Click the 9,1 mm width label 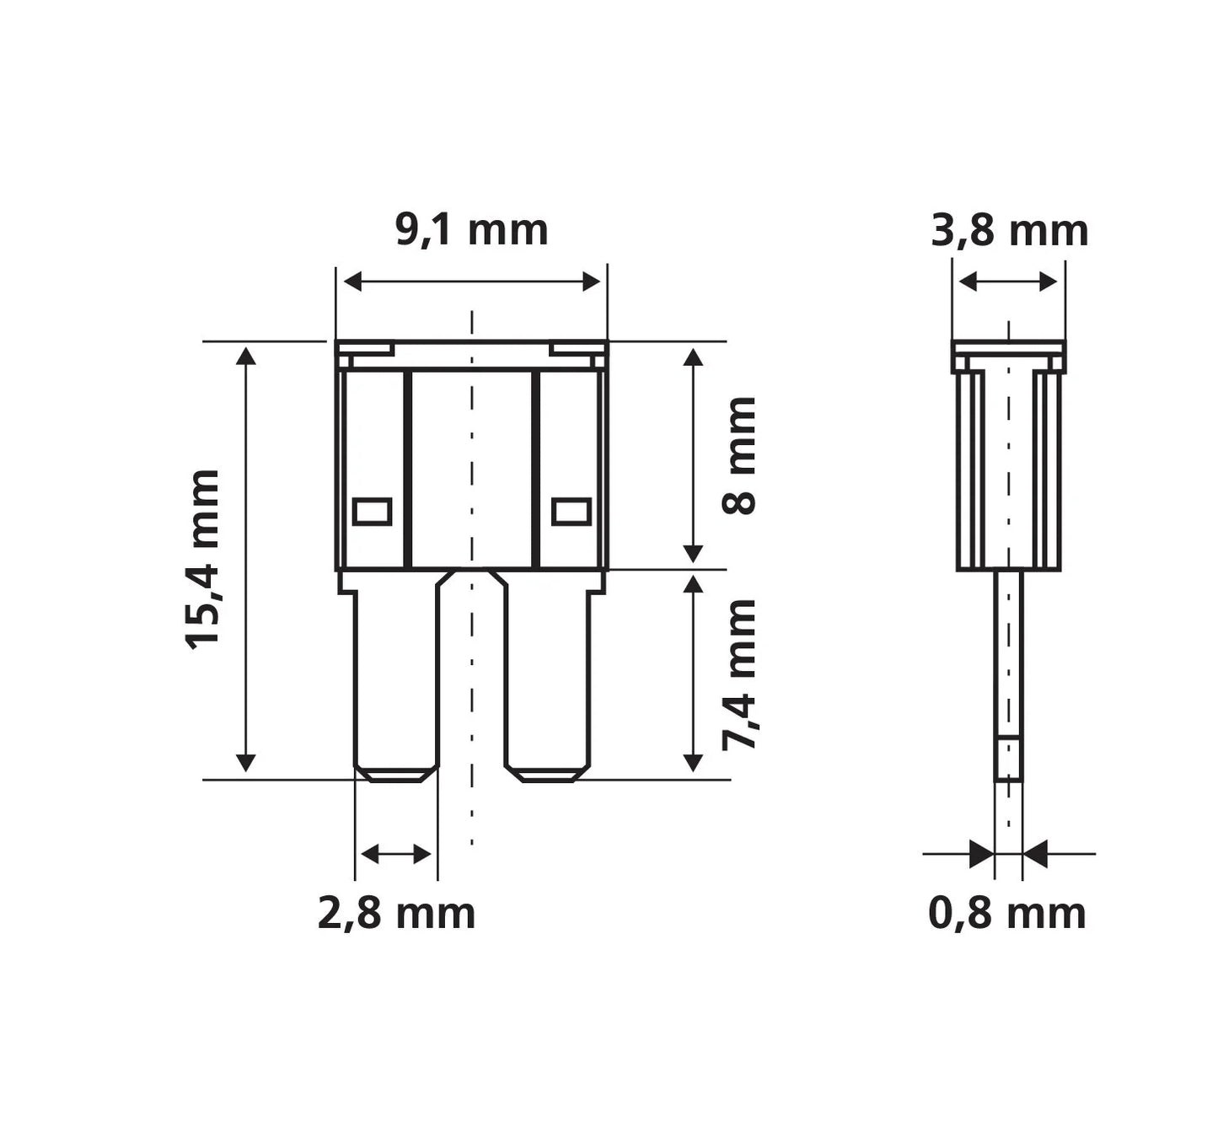472,231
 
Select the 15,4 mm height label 201,559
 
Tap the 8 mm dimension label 738,455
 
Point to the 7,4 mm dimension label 738,675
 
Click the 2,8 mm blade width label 396,914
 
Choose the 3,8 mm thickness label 1010,231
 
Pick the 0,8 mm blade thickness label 1007,914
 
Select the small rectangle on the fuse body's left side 372,512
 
